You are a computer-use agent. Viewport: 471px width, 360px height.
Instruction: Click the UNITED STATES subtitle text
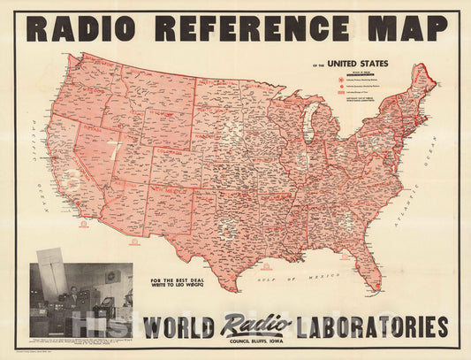pos(358,64)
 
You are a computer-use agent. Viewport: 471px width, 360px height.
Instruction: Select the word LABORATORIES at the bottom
pos(370,326)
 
